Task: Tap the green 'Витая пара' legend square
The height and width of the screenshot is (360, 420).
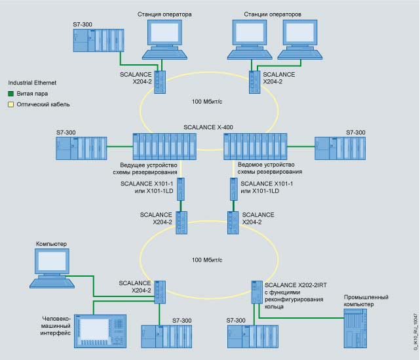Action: coord(10,94)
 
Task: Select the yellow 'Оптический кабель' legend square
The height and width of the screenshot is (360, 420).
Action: coord(10,104)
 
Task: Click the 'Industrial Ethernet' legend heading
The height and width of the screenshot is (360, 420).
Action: coord(33,83)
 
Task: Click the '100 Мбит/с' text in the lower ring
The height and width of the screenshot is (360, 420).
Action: coord(208,260)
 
